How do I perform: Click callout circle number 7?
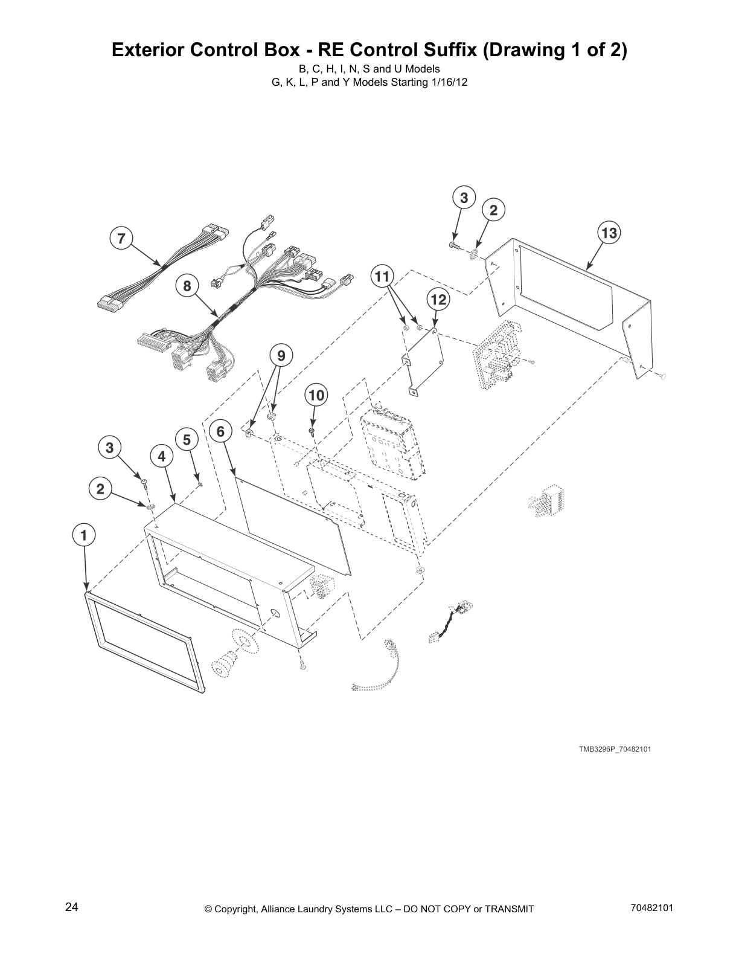[x=121, y=239]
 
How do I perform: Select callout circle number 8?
[x=187, y=285]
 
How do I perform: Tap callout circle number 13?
[x=609, y=233]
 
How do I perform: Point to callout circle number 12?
[x=438, y=299]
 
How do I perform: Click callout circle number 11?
[x=381, y=277]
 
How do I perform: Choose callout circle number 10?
[x=316, y=396]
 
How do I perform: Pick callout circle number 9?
[x=281, y=356]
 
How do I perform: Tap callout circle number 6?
[x=220, y=431]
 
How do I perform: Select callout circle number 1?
[x=84, y=535]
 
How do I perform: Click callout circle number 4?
[x=161, y=457]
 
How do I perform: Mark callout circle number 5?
[x=187, y=440]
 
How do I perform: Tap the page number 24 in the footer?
[x=71, y=907]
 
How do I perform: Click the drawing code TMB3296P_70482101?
[x=615, y=749]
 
